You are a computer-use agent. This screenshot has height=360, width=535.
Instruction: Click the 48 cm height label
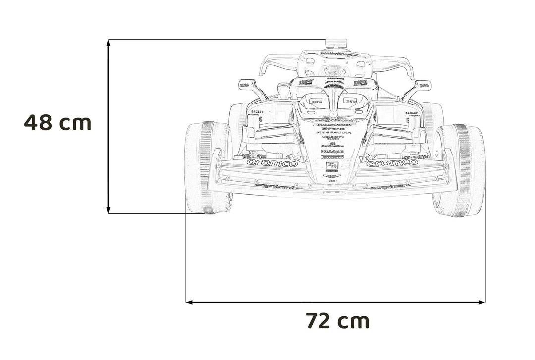(57, 122)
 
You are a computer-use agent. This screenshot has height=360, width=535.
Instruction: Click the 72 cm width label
(337, 321)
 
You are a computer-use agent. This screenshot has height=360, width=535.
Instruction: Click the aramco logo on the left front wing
(272, 163)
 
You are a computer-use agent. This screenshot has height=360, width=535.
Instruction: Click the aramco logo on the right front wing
(393, 162)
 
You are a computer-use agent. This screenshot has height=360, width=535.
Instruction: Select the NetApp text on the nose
(332, 151)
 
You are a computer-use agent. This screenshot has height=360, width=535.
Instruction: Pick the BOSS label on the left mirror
(243, 85)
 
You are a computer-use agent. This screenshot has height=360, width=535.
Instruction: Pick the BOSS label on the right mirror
(424, 85)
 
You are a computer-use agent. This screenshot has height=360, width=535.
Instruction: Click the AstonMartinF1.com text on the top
(336, 54)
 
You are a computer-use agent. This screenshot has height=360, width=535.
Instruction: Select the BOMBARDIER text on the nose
(333, 124)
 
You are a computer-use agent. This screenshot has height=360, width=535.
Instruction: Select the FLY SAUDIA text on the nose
(333, 133)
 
